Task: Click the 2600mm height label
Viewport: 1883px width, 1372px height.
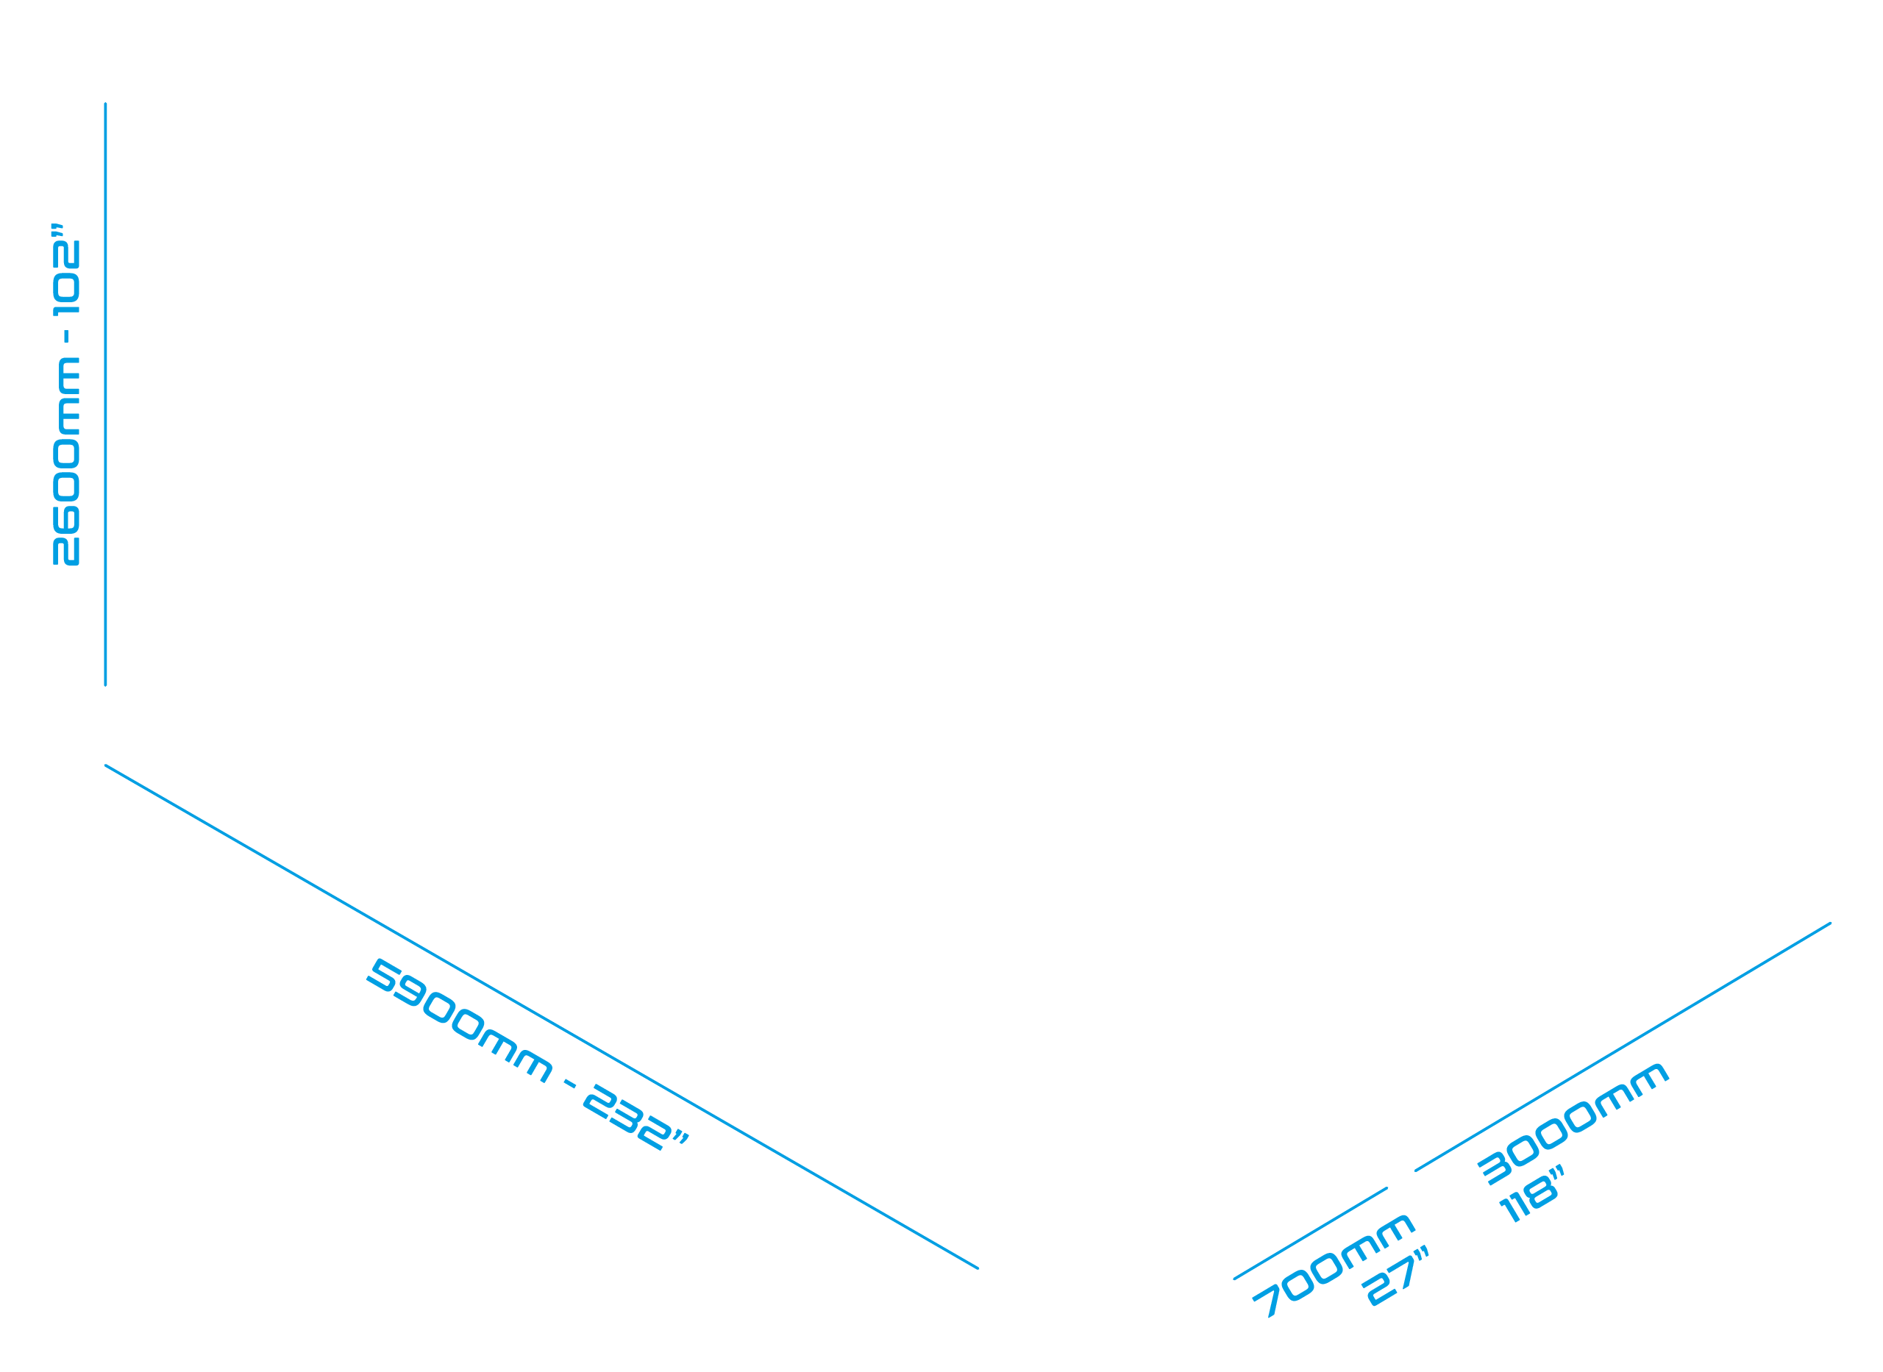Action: click(66, 462)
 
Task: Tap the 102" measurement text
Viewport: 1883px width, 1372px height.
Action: click(65, 269)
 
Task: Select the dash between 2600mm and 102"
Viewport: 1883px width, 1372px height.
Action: click(66, 336)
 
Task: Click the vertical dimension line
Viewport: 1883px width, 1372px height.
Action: click(105, 395)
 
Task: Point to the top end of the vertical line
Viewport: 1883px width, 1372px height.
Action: click(105, 104)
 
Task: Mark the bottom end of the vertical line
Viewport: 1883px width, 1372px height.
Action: click(105, 685)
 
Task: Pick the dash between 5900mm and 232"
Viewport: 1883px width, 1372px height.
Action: click(570, 1083)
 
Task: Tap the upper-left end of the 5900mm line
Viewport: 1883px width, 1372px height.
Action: click(105, 765)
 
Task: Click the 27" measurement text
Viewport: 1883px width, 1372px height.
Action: click(1395, 1276)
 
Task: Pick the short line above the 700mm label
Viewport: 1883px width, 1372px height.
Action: click(1310, 1233)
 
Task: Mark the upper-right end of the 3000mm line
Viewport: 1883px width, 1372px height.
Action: click(1831, 923)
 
